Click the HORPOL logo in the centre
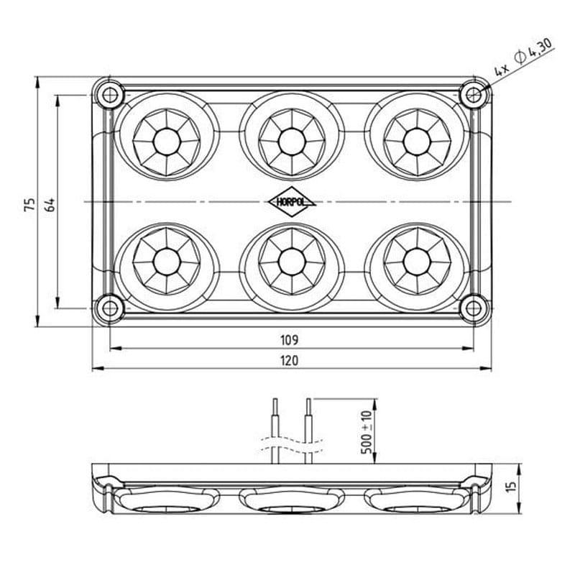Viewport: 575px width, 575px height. point(292,202)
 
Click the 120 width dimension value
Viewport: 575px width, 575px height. point(290,361)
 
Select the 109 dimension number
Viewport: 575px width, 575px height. point(290,340)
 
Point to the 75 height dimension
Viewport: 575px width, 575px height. point(29,205)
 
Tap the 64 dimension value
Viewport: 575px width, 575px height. point(50,205)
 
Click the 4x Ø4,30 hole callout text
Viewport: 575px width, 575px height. point(523,57)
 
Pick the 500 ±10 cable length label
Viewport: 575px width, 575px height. point(367,432)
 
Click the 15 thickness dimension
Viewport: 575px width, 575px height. point(511,485)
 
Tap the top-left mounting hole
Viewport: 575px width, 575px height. point(109,96)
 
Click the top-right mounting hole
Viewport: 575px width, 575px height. point(474,96)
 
